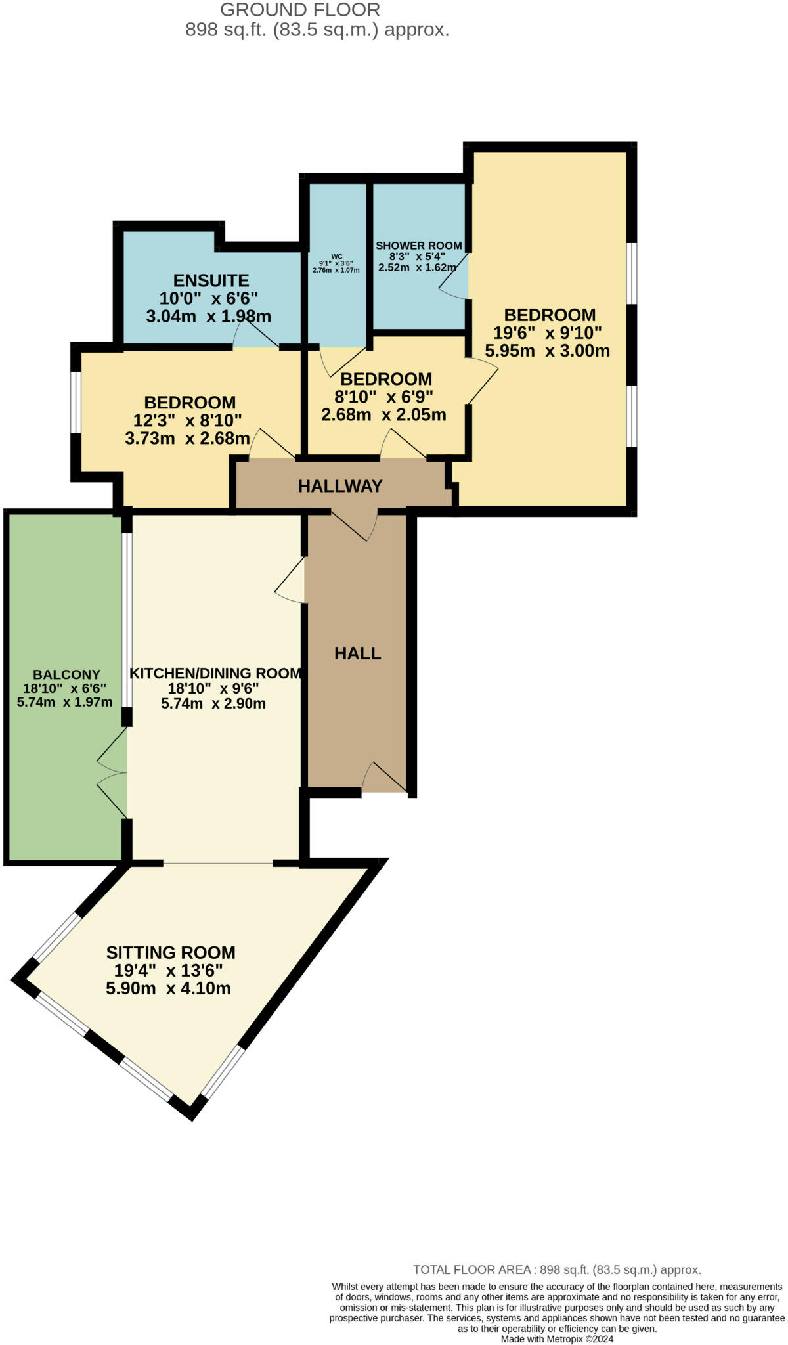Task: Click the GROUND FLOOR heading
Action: tap(300, 10)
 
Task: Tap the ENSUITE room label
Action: tap(211, 280)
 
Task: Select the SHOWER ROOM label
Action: tap(418, 246)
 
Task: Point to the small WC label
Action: tap(336, 257)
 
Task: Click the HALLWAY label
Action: tap(340, 486)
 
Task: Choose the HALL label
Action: tap(357, 653)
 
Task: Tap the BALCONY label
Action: tap(66, 674)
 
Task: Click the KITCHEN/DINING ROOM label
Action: tap(215, 673)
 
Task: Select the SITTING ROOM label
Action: tap(171, 952)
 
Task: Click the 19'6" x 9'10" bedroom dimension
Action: tap(548, 333)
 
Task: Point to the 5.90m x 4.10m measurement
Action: tap(168, 988)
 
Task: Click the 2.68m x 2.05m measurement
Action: tap(383, 415)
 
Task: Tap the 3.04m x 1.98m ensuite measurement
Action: tap(208, 316)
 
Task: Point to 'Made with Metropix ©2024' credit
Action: tap(557, 1339)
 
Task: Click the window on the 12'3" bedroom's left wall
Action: tap(76, 403)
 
